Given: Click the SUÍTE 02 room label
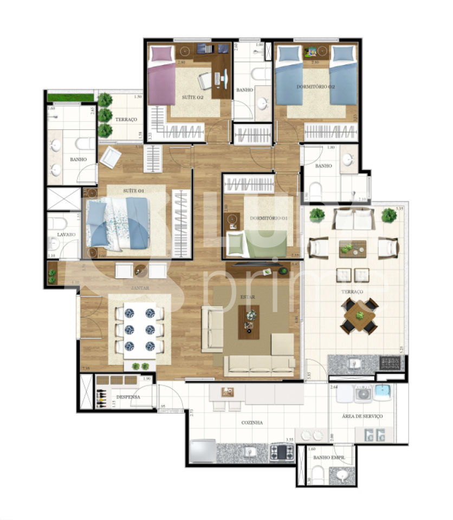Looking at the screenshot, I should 192,98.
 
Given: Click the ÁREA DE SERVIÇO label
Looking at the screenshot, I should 363,416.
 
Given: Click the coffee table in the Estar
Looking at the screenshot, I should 249,321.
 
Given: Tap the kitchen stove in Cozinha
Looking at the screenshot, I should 282,451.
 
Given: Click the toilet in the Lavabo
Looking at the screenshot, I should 57,224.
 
